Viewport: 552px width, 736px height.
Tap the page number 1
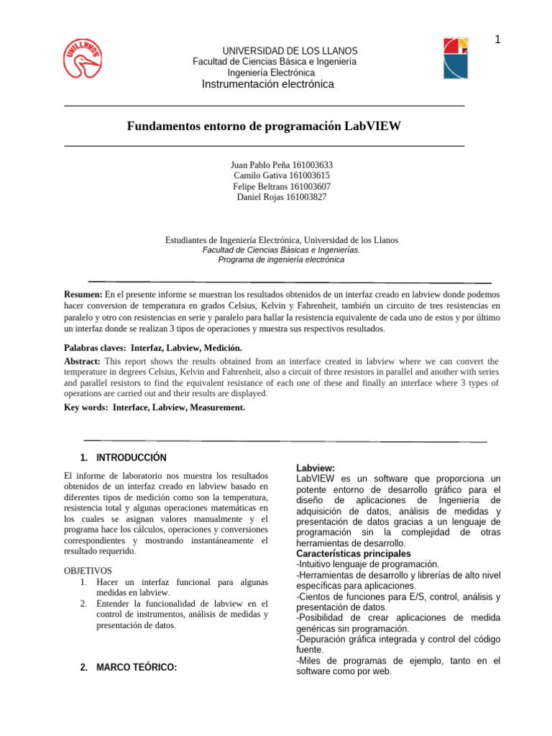tap(496, 40)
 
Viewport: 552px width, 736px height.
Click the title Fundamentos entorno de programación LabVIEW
tap(264, 126)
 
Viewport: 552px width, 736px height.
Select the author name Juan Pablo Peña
tap(257, 165)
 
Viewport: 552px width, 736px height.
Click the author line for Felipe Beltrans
tap(282, 186)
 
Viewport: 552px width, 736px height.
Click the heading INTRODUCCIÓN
tap(131, 457)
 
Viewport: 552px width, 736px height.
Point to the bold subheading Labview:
tap(315, 468)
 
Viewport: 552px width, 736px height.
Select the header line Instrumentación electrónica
tap(268, 84)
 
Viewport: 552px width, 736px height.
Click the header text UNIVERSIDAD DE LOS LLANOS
tap(290, 51)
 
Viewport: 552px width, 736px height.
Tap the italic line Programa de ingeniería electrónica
tap(281, 259)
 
